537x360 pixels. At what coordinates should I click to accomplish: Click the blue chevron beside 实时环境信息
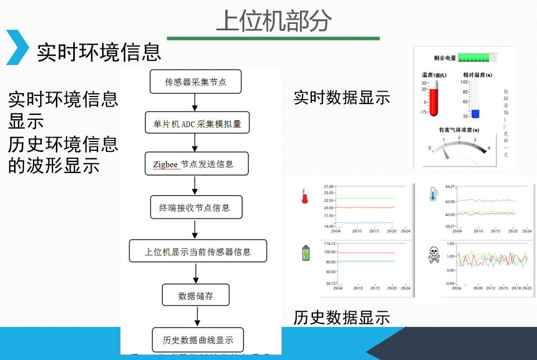[x=17, y=48]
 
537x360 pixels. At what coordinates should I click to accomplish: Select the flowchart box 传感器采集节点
[x=195, y=82]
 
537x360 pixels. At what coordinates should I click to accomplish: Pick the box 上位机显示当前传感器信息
[x=197, y=252]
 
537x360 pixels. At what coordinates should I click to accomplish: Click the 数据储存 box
[x=196, y=296]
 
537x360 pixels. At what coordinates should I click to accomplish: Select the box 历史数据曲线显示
[x=197, y=340]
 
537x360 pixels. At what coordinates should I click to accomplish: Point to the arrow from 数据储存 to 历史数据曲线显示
[x=196, y=317]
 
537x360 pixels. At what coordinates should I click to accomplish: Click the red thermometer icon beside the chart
[x=305, y=196]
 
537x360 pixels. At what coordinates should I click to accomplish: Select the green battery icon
[x=305, y=253]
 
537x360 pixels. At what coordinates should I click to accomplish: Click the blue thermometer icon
[x=433, y=194]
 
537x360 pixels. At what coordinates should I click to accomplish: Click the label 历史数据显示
[x=342, y=318]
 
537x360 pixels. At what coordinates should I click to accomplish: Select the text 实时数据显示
[x=342, y=98]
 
